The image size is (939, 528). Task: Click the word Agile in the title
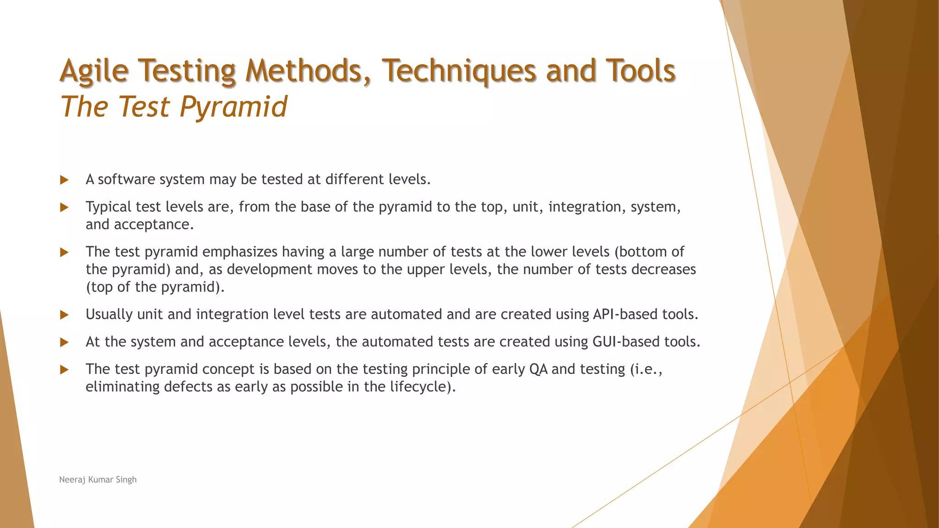tap(94, 71)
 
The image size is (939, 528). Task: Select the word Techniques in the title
tap(458, 71)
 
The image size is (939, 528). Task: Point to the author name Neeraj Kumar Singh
tap(98, 479)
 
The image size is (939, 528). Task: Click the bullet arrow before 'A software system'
tap(64, 180)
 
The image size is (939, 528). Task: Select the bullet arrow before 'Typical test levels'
tap(64, 207)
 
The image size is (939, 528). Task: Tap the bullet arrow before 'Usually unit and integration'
tap(64, 315)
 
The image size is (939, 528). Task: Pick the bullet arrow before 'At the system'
tap(64, 342)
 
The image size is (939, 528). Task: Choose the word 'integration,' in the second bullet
tap(587, 207)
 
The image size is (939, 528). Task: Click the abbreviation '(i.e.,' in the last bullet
tap(646, 369)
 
